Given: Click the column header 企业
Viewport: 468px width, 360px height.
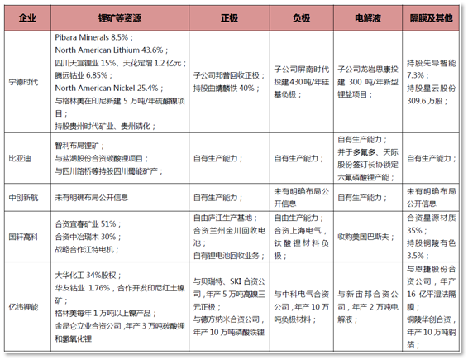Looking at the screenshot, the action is (27, 17).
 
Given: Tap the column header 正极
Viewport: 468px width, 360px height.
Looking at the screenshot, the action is (229, 17).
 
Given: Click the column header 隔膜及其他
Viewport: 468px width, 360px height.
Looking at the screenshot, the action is (431, 17).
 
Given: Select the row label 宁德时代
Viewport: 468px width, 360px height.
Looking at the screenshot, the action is (27, 80).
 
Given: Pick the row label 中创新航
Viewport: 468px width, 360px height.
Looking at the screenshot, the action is (27, 198).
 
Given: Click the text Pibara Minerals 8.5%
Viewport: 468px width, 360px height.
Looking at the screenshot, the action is (92, 38).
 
